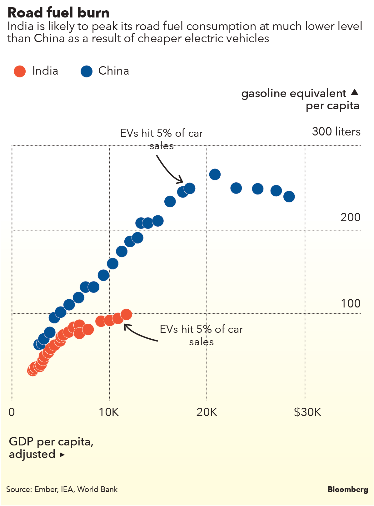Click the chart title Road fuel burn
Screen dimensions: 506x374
click(x=58, y=13)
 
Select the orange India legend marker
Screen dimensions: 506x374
click(x=20, y=71)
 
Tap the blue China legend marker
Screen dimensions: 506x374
click(x=87, y=71)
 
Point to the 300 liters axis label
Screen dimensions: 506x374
click(x=336, y=132)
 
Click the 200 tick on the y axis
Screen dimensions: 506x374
click(x=350, y=217)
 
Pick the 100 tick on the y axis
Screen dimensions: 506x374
click(x=351, y=303)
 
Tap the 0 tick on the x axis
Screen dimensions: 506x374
click(x=12, y=412)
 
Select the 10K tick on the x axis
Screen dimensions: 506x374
click(x=109, y=412)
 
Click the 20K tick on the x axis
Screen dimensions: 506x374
click(x=207, y=412)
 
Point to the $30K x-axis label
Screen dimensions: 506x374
click(x=307, y=412)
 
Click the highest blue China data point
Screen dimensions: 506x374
click(x=215, y=174)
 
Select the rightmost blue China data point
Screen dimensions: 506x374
click(x=289, y=197)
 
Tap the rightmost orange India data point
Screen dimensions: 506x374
click(x=126, y=314)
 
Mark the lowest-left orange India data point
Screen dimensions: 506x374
click(x=32, y=371)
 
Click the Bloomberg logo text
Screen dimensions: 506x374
click(x=348, y=489)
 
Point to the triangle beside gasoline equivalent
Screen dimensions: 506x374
click(x=354, y=92)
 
